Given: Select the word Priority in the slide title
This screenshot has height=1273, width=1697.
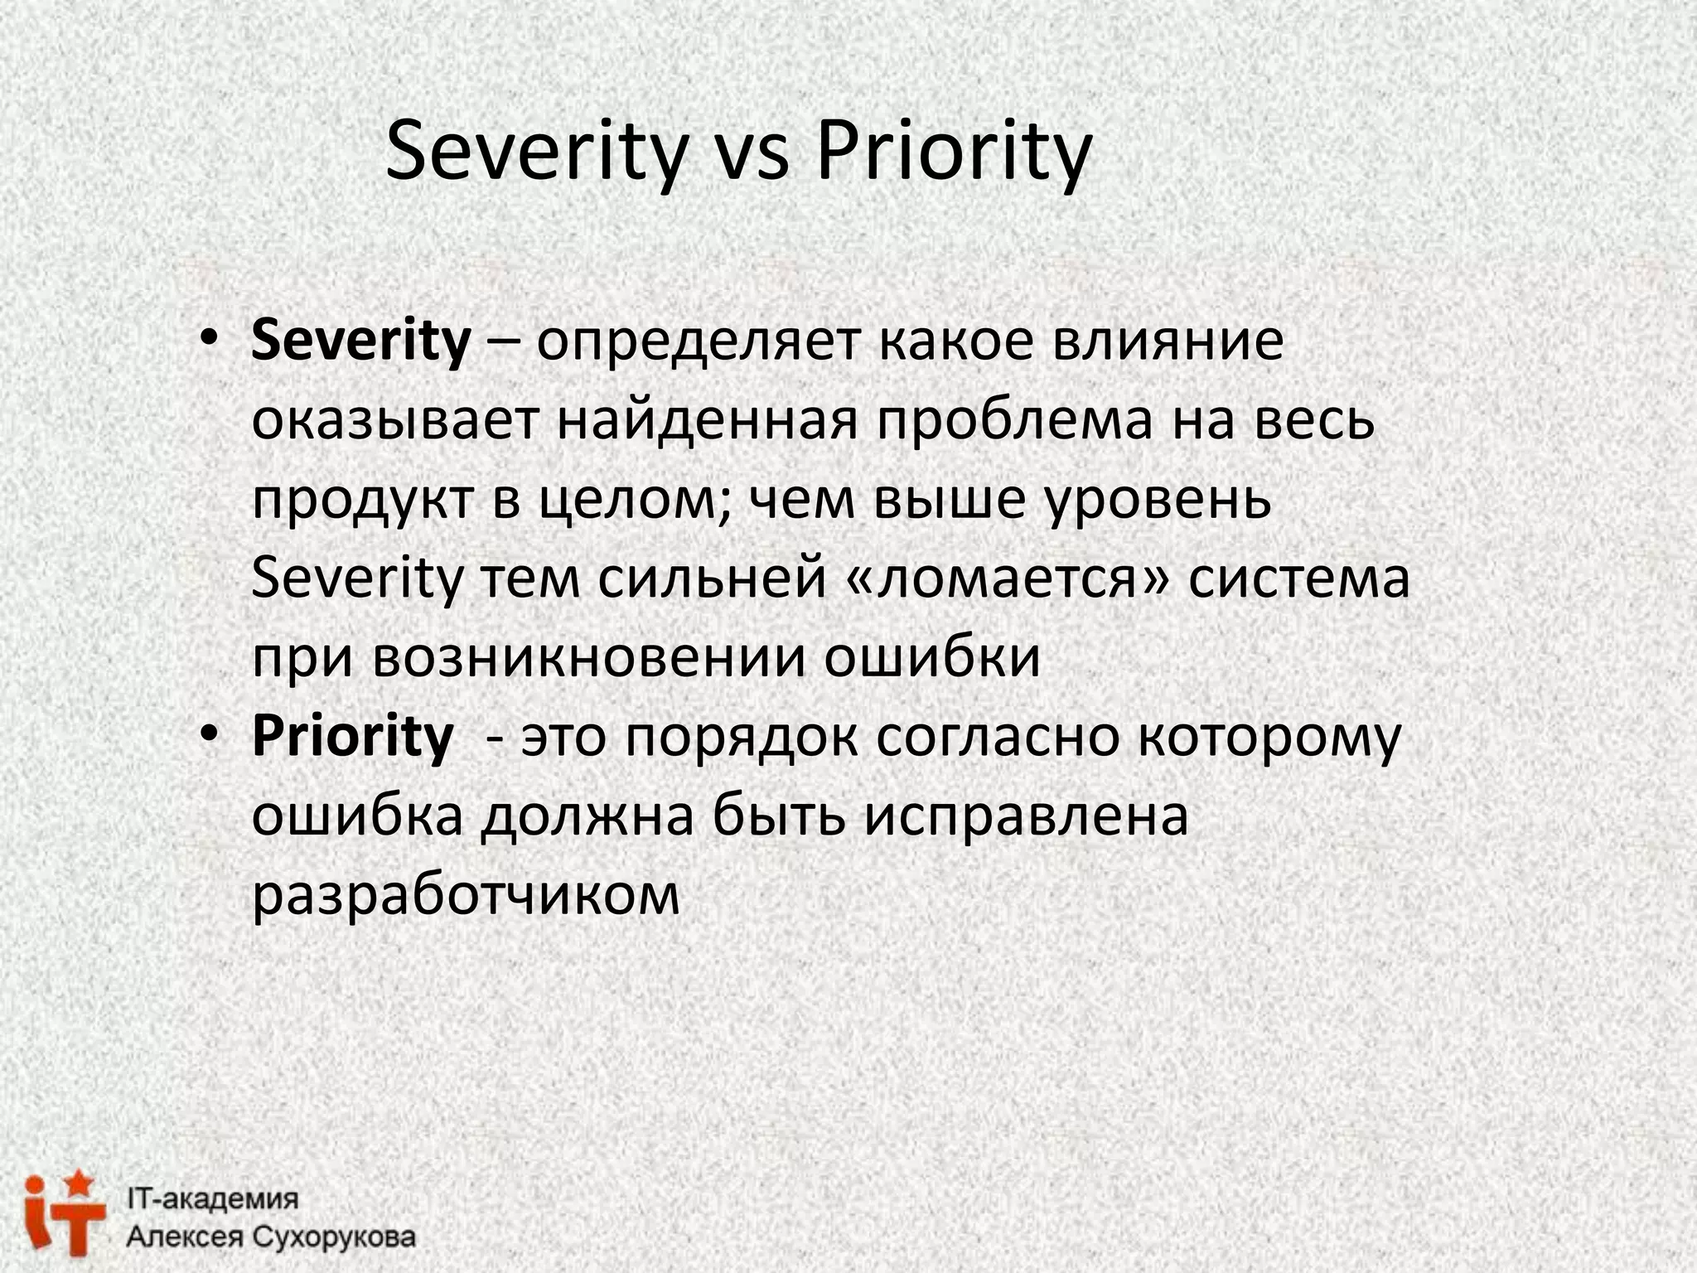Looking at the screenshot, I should (x=954, y=152).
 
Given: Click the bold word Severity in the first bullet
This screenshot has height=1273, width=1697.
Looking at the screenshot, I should (x=360, y=341).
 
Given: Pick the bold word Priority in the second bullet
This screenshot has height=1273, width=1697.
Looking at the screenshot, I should (x=353, y=735).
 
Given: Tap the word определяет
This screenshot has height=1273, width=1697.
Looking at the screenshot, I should (x=697, y=342).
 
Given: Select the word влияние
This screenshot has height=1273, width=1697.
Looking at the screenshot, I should (x=1168, y=341).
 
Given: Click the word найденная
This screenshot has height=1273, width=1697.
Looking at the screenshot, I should (x=706, y=420).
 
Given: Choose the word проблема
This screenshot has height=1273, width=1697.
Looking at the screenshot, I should (x=1014, y=420).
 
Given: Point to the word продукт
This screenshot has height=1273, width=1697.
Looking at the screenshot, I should (x=362, y=500).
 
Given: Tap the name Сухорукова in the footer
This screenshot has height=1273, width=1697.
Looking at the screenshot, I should (x=332, y=1237).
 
